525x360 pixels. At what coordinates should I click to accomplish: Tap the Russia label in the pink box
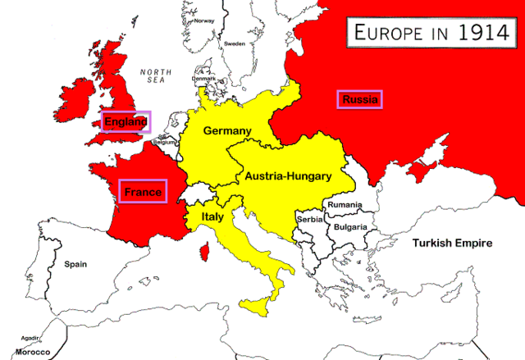360,100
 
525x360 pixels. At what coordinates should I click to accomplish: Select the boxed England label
125,122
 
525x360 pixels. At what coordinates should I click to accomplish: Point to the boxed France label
143,192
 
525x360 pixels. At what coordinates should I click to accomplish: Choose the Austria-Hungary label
287,176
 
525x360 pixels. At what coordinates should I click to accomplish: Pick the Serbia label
310,220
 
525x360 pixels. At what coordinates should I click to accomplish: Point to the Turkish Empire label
452,244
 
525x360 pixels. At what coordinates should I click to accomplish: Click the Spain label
75,265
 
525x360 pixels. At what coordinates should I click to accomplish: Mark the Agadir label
31,337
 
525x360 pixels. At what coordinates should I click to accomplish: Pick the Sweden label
235,43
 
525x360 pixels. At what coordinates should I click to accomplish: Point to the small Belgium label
165,141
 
